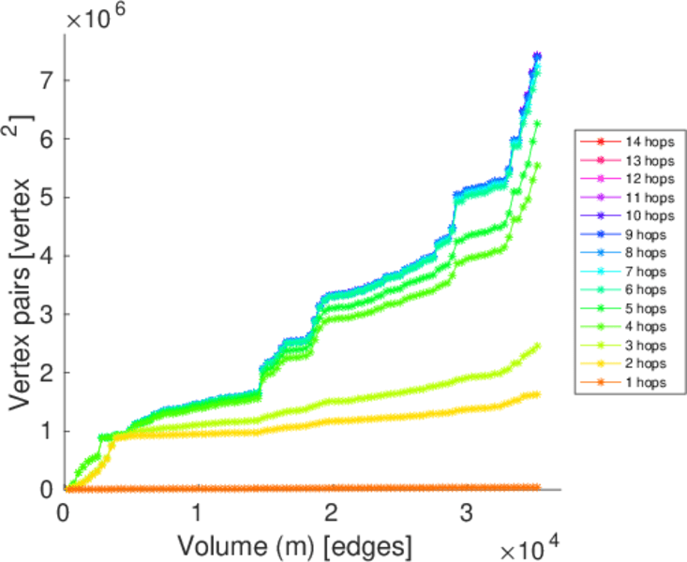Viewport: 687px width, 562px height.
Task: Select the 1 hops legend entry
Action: (645, 382)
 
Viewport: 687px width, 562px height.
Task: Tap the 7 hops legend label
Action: (645, 271)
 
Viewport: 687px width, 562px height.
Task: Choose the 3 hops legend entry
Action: (645, 345)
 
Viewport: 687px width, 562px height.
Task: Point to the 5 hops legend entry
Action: (645, 308)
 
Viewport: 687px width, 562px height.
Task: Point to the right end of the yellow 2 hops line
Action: (537, 394)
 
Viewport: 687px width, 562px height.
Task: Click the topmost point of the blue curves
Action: (537, 56)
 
